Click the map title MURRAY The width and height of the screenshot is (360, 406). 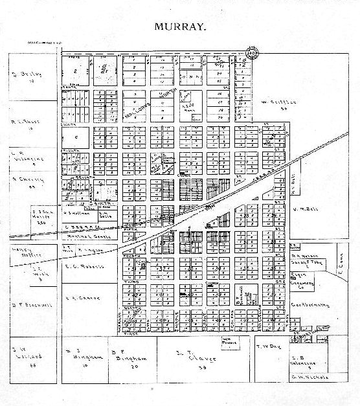click(x=180, y=28)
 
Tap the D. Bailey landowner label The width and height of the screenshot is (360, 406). click(x=28, y=73)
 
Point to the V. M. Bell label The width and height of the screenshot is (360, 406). click(x=304, y=209)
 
